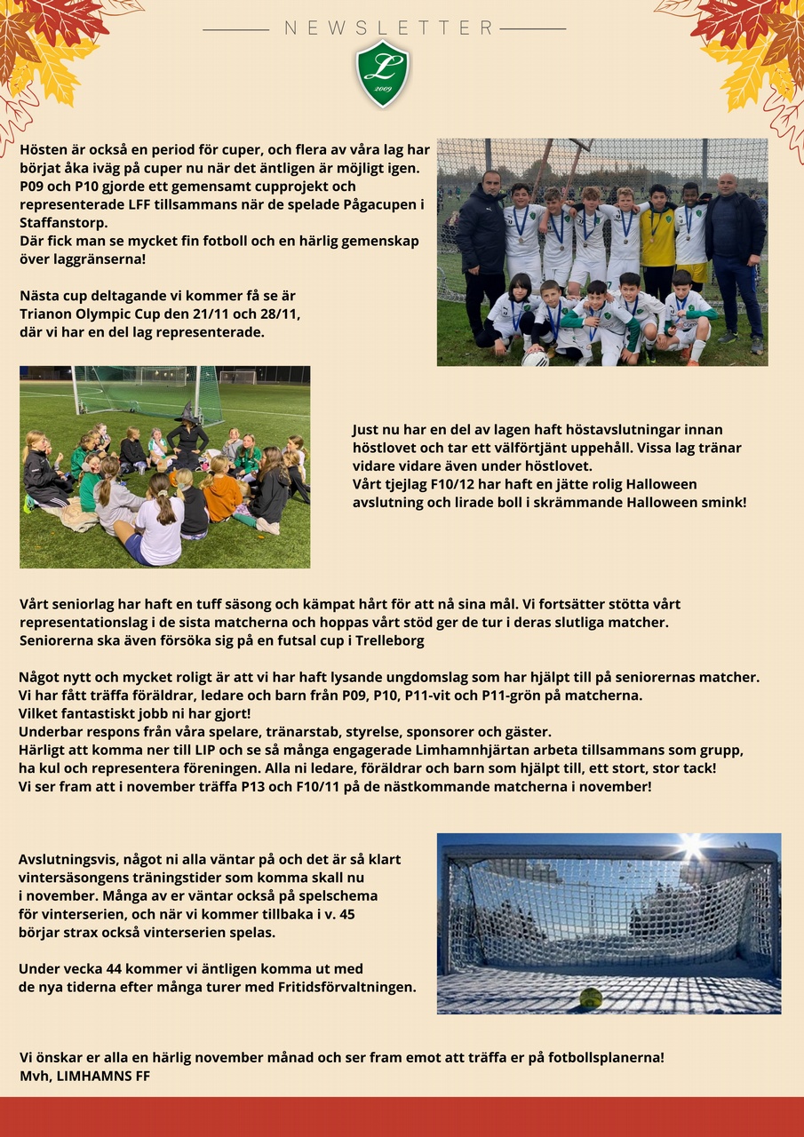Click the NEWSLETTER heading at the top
(389, 28)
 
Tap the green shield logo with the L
(383, 73)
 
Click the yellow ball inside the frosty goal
(591, 998)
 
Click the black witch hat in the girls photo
(187, 411)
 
